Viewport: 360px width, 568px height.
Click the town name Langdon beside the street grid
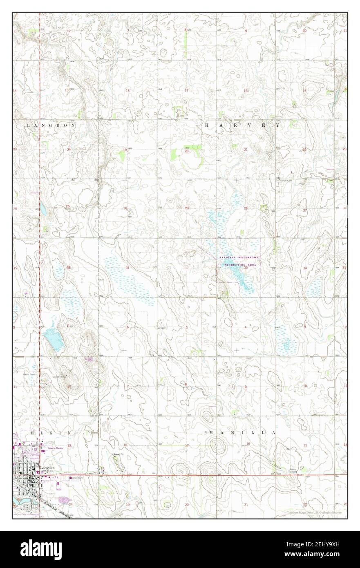(47, 467)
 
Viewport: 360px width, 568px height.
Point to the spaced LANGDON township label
(51, 126)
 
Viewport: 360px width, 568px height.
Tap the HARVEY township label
(242, 126)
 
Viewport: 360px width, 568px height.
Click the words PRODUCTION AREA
(239, 265)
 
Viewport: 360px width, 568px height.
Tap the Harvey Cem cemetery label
(286, 181)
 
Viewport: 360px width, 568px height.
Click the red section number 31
(127, 268)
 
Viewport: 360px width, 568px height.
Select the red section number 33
(246, 268)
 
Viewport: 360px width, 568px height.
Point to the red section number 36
(69, 268)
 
